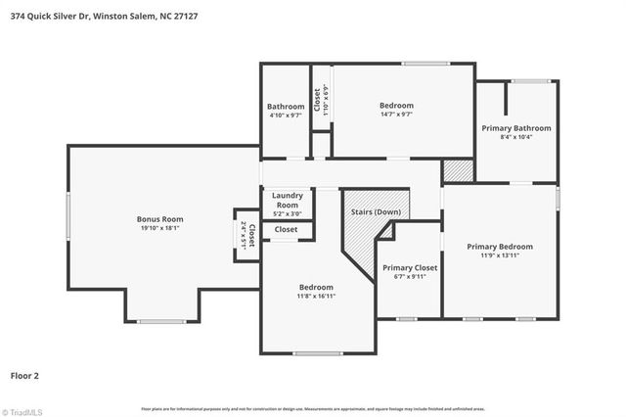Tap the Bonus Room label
(159, 219)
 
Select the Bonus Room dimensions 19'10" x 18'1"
(159, 228)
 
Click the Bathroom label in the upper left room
(286, 107)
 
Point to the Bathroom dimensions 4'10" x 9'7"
(286, 116)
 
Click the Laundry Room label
(287, 200)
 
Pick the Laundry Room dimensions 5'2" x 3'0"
(287, 213)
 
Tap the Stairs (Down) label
(376, 210)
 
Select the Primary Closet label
(409, 267)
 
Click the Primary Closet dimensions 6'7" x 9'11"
(409, 277)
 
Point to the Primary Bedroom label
(500, 247)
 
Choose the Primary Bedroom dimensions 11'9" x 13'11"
(500, 256)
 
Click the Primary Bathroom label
(516, 128)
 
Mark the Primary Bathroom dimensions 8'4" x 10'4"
(516, 138)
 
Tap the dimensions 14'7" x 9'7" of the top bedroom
(396, 115)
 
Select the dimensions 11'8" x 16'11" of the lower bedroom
(316, 296)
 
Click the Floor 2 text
(25, 375)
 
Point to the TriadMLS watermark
(24, 411)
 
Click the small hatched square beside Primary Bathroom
(457, 170)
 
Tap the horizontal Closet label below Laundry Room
(286, 229)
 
